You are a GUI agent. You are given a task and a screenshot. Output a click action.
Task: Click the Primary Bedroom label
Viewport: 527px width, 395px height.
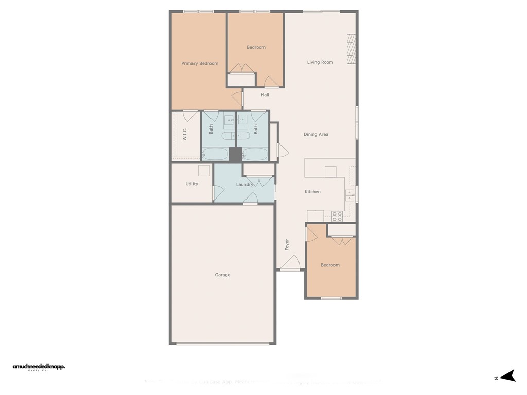pyautogui.click(x=200, y=63)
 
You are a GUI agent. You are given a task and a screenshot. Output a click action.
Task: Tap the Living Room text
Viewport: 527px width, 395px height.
pyautogui.click(x=320, y=62)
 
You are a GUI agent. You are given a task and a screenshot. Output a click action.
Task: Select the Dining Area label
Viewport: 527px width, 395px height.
pyautogui.click(x=316, y=134)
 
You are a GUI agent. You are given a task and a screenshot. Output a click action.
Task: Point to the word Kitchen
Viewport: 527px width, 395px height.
pyautogui.click(x=312, y=192)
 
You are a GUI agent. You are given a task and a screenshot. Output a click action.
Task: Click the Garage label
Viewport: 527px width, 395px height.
pyautogui.click(x=222, y=275)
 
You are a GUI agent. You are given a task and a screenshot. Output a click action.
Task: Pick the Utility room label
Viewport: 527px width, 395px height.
pyautogui.click(x=191, y=184)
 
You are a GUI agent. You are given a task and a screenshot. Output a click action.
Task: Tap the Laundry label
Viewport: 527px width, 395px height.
pyautogui.click(x=244, y=184)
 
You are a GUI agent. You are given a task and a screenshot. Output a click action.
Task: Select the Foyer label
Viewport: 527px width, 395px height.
pyautogui.click(x=287, y=245)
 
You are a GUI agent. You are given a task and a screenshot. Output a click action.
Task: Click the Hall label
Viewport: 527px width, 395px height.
pyautogui.click(x=265, y=95)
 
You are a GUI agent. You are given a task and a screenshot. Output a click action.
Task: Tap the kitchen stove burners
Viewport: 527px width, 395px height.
pyautogui.click(x=337, y=216)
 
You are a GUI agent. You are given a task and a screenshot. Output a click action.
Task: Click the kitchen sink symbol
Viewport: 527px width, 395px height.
pyautogui.click(x=349, y=195)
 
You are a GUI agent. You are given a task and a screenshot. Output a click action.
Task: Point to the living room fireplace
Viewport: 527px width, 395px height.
pyautogui.click(x=352, y=50)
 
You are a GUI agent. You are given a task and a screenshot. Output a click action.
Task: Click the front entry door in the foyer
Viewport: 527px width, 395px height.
pyautogui.click(x=290, y=263)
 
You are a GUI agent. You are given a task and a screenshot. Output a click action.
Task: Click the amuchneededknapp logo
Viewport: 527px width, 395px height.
pyautogui.click(x=39, y=367)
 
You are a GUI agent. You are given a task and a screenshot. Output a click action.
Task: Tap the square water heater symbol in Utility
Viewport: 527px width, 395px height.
pyautogui.click(x=204, y=171)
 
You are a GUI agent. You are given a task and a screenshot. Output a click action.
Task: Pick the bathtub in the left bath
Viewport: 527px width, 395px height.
pyautogui.click(x=215, y=154)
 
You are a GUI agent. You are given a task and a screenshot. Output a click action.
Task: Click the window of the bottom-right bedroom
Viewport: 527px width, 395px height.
pyautogui.click(x=331, y=298)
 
